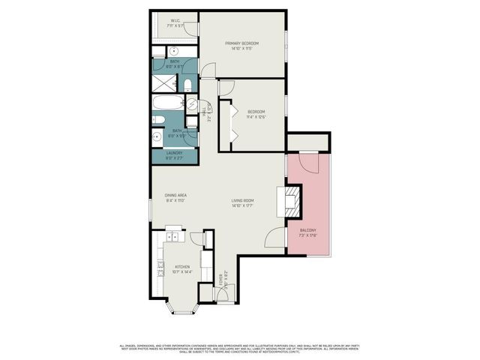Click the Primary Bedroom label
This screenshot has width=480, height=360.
tap(241, 43)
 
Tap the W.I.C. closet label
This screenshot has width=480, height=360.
tap(173, 20)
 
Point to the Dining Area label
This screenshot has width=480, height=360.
tap(175, 196)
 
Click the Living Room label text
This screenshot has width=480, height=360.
tap(242, 200)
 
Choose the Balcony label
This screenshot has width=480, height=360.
tap(307, 230)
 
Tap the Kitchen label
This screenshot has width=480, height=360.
tap(182, 266)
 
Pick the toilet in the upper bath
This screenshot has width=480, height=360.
tap(188, 84)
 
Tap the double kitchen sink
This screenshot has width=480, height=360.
tap(172, 238)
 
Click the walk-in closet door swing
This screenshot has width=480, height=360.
tap(192, 28)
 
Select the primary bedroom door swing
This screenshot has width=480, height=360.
tap(208, 70)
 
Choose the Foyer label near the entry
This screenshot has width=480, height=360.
tap(222, 281)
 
